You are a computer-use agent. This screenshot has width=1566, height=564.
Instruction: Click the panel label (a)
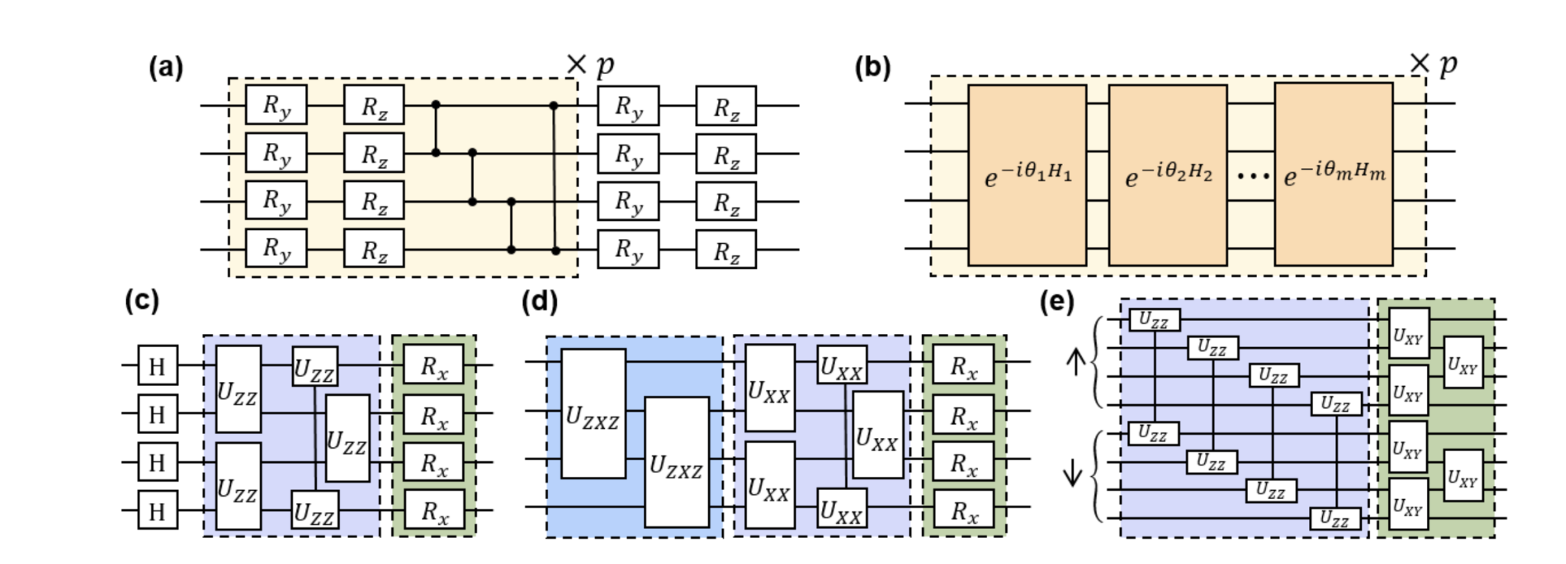pyautogui.click(x=166, y=68)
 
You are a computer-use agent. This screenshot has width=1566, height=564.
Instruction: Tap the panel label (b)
pyautogui.click(x=872, y=68)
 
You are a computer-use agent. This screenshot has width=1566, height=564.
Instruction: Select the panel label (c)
pyautogui.click(x=141, y=301)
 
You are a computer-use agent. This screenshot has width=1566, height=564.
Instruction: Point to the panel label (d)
pyautogui.click(x=539, y=302)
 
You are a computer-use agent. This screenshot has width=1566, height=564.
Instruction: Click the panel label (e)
pyautogui.click(x=1057, y=302)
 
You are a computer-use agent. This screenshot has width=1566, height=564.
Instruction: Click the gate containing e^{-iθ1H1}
pyautogui.click(x=1027, y=175)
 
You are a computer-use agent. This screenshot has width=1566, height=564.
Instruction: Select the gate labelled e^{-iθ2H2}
pyautogui.click(x=1168, y=175)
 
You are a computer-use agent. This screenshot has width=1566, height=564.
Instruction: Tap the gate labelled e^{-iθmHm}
pyautogui.click(x=1333, y=175)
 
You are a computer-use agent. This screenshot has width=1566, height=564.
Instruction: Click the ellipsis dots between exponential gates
pyautogui.click(x=1252, y=177)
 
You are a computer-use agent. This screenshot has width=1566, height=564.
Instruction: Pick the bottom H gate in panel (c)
pyautogui.click(x=158, y=510)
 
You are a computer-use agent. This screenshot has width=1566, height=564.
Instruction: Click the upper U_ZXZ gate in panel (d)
pyautogui.click(x=593, y=414)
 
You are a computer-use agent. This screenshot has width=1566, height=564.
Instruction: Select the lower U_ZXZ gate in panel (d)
pyautogui.click(x=676, y=462)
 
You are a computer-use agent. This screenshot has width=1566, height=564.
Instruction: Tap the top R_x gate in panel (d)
pyautogui.click(x=963, y=365)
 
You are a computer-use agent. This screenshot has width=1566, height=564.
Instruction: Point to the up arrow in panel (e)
pyautogui.click(x=1076, y=361)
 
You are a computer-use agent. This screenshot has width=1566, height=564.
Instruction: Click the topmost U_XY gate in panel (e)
pyautogui.click(x=1408, y=334)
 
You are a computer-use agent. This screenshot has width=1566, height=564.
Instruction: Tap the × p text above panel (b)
pyautogui.click(x=1433, y=64)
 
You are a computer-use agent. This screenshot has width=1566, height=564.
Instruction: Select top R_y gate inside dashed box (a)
pyautogui.click(x=276, y=105)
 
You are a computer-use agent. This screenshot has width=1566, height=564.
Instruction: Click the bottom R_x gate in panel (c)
pyautogui.click(x=434, y=510)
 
